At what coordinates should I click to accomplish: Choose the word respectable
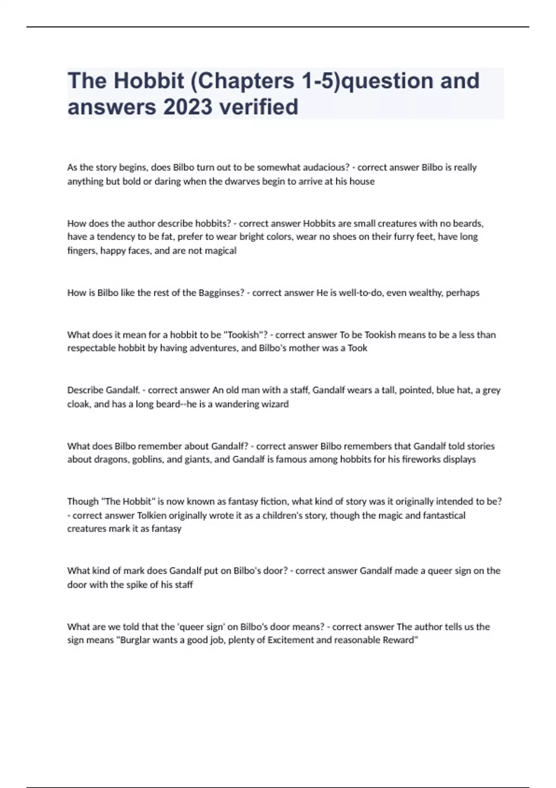pos(91,348)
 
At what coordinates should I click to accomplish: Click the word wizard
pos(274,404)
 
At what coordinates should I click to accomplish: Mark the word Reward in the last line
pos(400,640)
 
